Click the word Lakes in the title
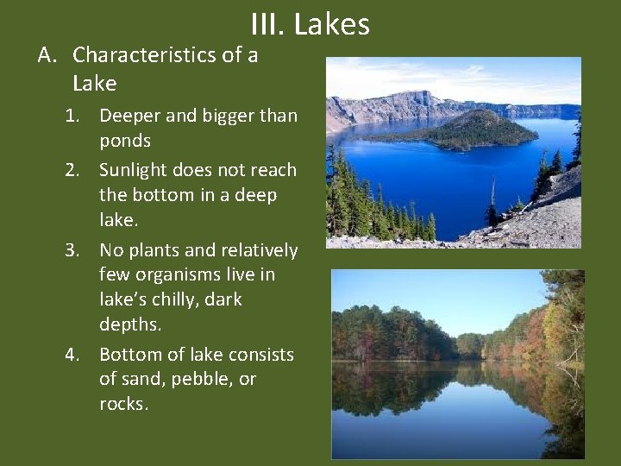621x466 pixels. (332, 24)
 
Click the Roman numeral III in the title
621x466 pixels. (268, 24)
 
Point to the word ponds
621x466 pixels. (125, 141)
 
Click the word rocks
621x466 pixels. (123, 404)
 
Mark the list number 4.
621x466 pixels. (75, 355)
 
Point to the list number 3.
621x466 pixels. (75, 250)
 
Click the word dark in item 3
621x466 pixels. (223, 299)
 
